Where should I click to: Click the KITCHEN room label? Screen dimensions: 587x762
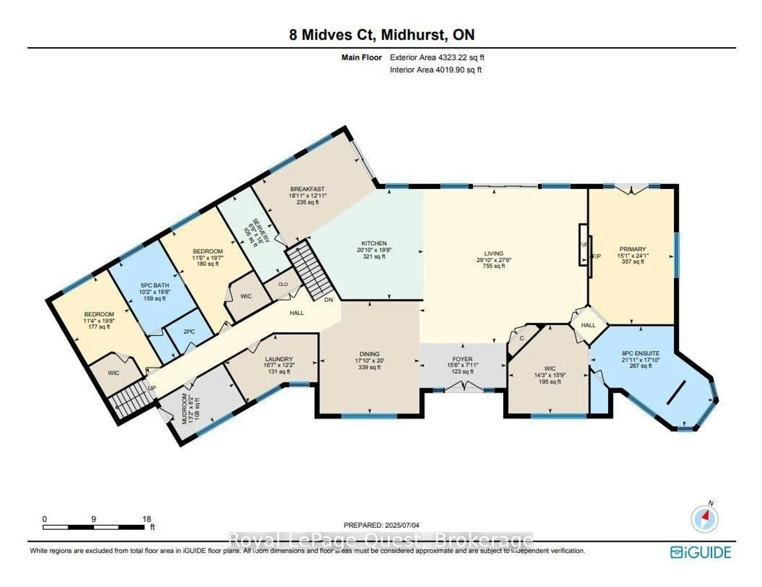[374, 243]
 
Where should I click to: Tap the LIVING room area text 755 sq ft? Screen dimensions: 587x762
[494, 266]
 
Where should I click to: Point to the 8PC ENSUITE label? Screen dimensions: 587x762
[641, 353]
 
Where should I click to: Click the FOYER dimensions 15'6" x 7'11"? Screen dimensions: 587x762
[462, 365]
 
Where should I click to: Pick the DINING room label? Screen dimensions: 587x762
[369, 354]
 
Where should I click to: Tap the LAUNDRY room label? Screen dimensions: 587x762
[279, 359]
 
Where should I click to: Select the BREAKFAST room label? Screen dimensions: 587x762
[307, 189]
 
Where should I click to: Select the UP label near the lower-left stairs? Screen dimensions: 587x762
[152, 388]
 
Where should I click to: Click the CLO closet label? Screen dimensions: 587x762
[283, 284]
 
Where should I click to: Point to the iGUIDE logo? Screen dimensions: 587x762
[701, 552]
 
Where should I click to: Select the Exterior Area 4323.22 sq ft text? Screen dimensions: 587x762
[437, 58]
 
